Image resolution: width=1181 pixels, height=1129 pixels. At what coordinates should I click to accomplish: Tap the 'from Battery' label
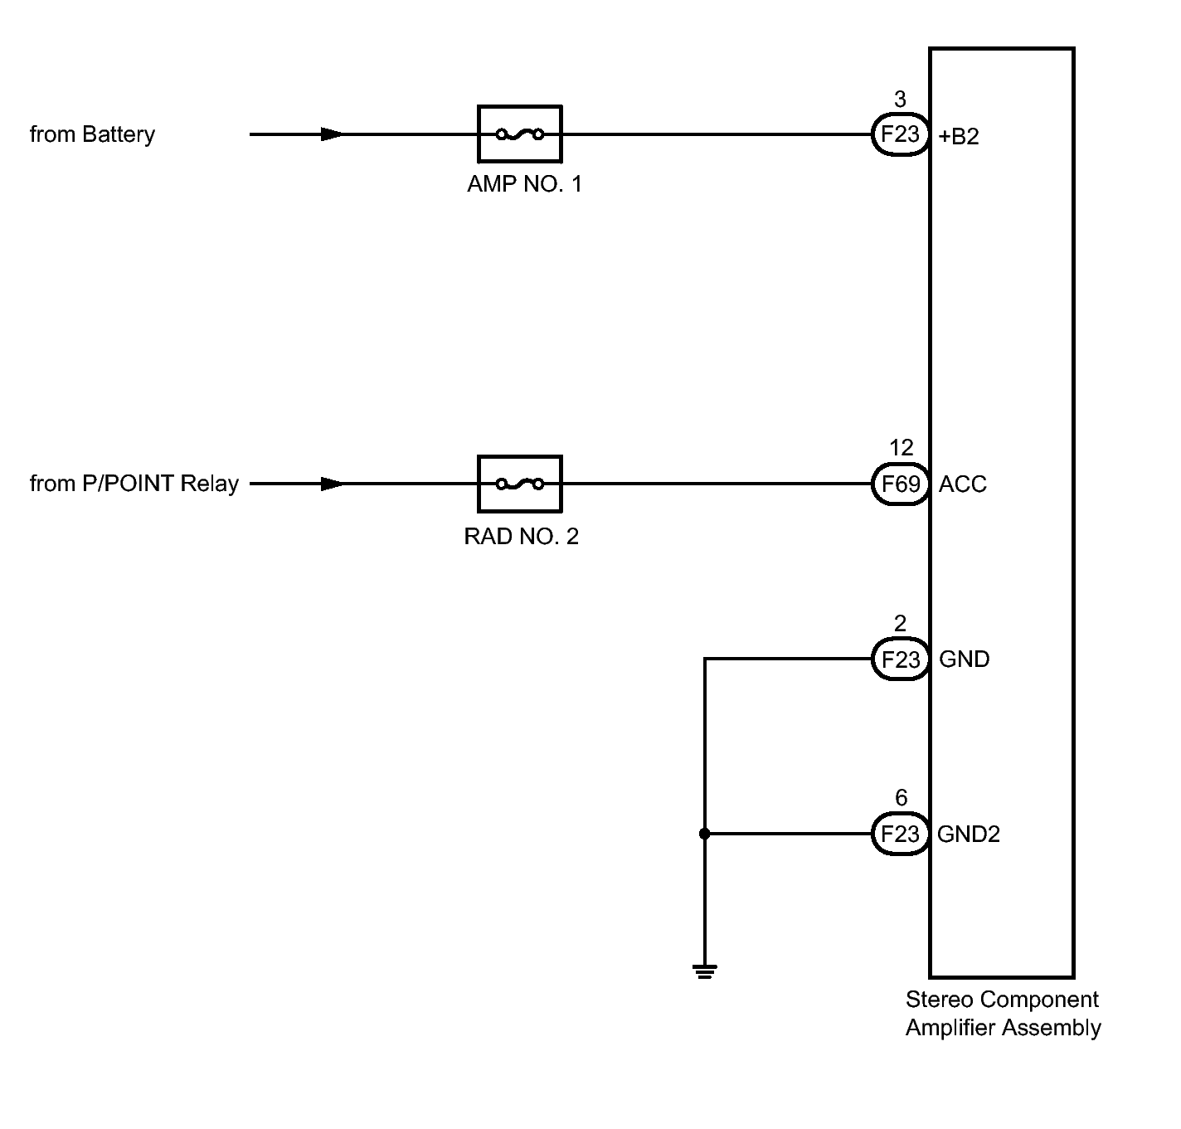pyautogui.click(x=92, y=134)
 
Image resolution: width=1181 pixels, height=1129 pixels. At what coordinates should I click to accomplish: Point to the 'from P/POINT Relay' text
pyautogui.click(x=134, y=484)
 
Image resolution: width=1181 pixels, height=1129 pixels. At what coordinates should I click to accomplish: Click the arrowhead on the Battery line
pyautogui.click(x=332, y=134)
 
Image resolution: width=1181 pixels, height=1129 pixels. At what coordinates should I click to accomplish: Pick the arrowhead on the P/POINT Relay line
pyautogui.click(x=332, y=484)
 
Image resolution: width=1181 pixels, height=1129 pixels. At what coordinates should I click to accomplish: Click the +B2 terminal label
pyautogui.click(x=959, y=137)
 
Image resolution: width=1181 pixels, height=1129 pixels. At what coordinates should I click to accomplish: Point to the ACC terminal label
pyautogui.click(x=963, y=484)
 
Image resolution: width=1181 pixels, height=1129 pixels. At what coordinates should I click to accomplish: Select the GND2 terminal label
pyautogui.click(x=969, y=834)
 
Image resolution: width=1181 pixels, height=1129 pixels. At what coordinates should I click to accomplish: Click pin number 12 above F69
pyautogui.click(x=902, y=447)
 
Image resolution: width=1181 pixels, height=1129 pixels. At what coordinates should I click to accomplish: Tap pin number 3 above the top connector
pyautogui.click(x=900, y=99)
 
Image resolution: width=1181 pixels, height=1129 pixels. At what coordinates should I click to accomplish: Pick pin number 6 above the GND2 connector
pyautogui.click(x=902, y=797)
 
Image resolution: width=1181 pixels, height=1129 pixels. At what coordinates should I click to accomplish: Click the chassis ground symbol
pyautogui.click(x=705, y=971)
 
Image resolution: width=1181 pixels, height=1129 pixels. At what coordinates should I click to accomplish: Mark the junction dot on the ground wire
pyautogui.click(x=705, y=834)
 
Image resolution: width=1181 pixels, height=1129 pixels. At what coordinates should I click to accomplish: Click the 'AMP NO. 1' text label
pyautogui.click(x=524, y=184)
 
